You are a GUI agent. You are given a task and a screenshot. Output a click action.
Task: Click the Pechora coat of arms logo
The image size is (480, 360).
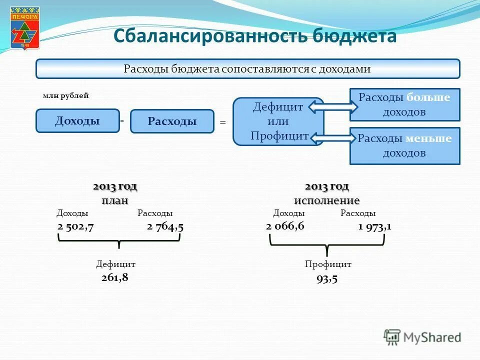[x=24, y=28]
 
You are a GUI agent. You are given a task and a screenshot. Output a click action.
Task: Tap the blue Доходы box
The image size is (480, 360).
[x=77, y=121]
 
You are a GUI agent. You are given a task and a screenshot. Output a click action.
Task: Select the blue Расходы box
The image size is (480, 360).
[x=172, y=121]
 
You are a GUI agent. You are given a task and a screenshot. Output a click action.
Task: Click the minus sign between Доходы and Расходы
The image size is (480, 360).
[x=121, y=120]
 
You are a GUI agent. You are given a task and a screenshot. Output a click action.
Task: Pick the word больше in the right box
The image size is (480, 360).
[x=428, y=97]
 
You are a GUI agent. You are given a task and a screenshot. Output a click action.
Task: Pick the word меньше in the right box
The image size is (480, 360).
[x=428, y=138]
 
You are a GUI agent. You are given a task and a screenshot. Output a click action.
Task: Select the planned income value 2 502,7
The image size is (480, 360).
[x=76, y=226]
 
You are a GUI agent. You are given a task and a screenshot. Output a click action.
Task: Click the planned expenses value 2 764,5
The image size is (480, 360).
[x=165, y=226]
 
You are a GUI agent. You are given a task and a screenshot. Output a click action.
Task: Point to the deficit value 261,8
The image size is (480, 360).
[x=115, y=277]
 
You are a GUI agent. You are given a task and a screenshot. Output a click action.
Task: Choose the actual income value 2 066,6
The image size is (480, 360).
[x=285, y=226]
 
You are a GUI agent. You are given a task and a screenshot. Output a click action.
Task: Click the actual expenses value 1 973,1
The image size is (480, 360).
[x=374, y=226]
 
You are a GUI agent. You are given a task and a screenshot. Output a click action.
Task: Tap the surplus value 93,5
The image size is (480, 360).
[x=327, y=278]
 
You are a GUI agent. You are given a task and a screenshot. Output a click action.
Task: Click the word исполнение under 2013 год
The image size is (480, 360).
[x=326, y=200]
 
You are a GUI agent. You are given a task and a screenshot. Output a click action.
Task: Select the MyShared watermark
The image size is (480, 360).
[x=422, y=337]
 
